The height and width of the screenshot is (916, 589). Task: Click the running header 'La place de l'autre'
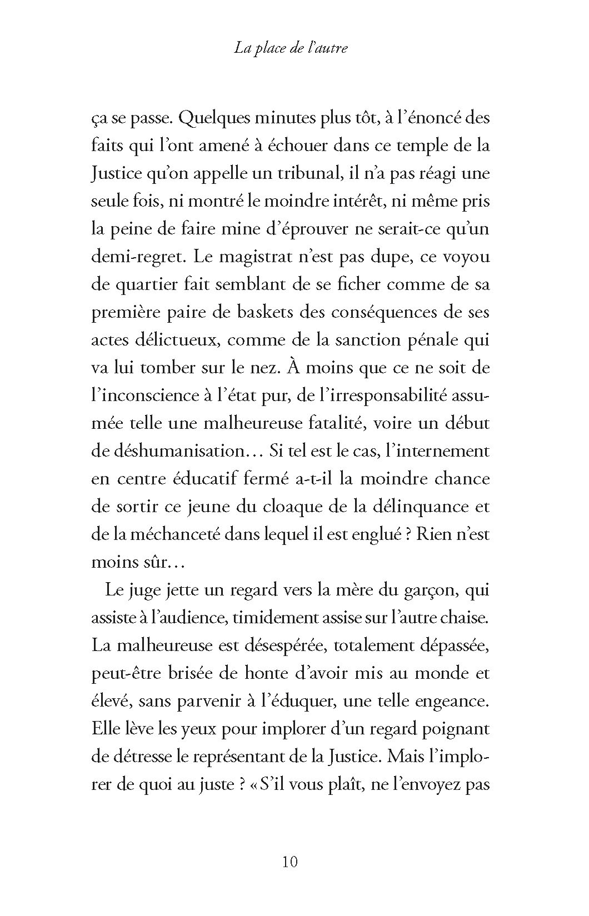[291, 48]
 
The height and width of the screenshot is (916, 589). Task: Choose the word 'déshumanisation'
[175, 451]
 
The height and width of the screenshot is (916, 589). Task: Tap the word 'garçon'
[430, 590]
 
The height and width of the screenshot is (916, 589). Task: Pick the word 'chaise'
[466, 618]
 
